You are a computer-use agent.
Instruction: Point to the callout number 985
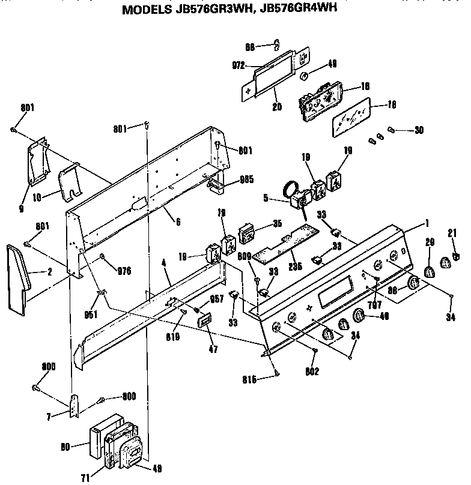point(246,178)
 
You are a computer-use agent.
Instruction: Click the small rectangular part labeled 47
point(205,321)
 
